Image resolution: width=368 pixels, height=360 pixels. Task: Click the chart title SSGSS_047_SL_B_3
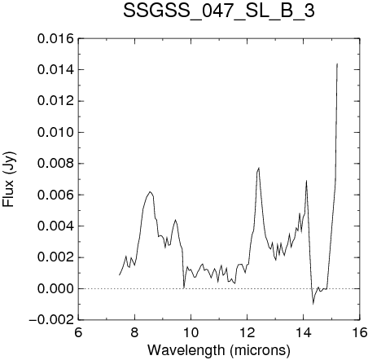pyautogui.click(x=219, y=11)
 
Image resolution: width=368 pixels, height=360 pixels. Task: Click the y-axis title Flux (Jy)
pyautogui.click(x=9, y=179)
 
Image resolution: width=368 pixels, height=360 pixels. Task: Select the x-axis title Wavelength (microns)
pyautogui.click(x=219, y=350)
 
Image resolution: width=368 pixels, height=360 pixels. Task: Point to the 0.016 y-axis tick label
pyautogui.click(x=55, y=39)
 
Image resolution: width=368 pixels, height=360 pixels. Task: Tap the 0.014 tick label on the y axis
pyautogui.click(x=55, y=70)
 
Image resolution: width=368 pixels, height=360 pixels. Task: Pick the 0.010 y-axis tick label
pyautogui.click(x=55, y=133)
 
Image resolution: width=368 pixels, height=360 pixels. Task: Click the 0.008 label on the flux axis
pyautogui.click(x=55, y=164)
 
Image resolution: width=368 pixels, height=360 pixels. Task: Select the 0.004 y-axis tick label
pyautogui.click(x=55, y=226)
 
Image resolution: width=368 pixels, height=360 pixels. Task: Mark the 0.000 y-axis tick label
pyautogui.click(x=55, y=289)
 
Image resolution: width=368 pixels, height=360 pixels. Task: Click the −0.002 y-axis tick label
pyautogui.click(x=51, y=320)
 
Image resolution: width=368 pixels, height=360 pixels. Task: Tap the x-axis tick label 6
pyautogui.click(x=78, y=332)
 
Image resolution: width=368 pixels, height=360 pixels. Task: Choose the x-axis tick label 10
pyautogui.click(x=191, y=332)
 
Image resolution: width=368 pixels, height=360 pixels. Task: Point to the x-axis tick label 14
pyautogui.click(x=304, y=332)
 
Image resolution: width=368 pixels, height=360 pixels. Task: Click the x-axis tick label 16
pyautogui.click(x=360, y=332)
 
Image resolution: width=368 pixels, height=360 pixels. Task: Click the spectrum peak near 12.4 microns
pyautogui.click(x=259, y=168)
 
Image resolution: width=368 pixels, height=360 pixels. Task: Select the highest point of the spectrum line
pyautogui.click(x=337, y=64)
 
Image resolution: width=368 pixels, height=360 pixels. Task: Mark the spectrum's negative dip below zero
pyautogui.click(x=313, y=304)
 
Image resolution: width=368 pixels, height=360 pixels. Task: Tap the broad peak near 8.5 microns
pyautogui.click(x=150, y=192)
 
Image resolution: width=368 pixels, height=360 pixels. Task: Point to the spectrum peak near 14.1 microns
pyautogui.click(x=306, y=181)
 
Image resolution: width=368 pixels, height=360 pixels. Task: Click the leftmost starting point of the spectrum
pyautogui.click(x=119, y=274)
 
